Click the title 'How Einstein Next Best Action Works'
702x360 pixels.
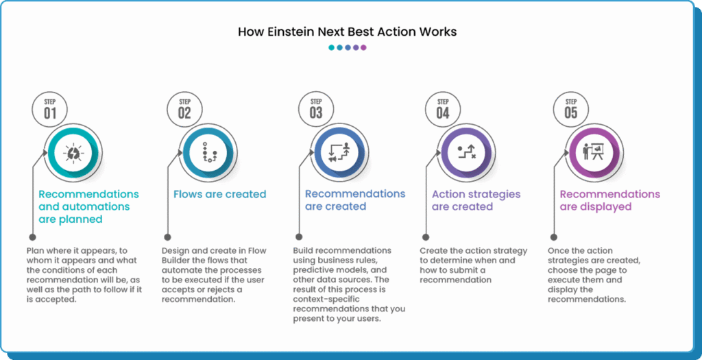point(347,32)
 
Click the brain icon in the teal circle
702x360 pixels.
point(73,153)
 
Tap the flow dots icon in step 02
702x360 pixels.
point(208,153)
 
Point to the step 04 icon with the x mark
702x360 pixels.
point(465,152)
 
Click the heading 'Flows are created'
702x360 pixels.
point(220,194)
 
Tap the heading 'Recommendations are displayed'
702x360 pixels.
point(609,201)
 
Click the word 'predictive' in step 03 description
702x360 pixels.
point(313,270)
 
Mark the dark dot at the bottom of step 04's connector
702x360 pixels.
point(426,237)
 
